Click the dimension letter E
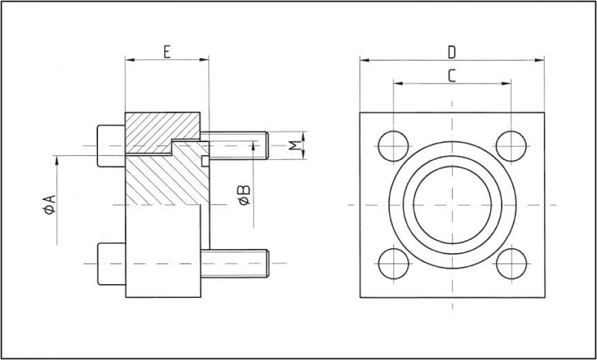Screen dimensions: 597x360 (x=167, y=51)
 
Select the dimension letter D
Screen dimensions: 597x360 (x=451, y=53)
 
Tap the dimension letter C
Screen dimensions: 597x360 (x=451, y=76)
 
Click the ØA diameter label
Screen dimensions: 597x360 (x=50, y=204)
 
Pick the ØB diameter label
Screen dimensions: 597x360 (x=244, y=195)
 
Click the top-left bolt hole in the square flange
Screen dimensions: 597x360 (x=393, y=146)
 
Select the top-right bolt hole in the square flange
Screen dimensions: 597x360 (x=511, y=146)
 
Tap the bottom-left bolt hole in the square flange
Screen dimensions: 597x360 (x=393, y=264)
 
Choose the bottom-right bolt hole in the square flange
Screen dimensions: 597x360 (x=511, y=264)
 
